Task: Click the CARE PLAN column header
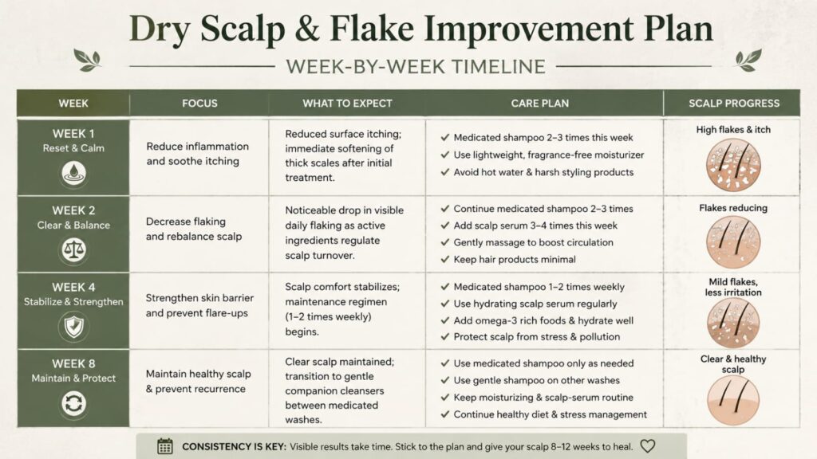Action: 540,103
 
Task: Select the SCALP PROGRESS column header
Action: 734,103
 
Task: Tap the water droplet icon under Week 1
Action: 73,173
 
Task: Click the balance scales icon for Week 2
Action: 73,249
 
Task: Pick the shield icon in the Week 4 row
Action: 73,327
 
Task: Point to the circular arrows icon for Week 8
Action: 73,403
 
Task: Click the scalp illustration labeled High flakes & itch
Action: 733,165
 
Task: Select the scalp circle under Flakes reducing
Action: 733,242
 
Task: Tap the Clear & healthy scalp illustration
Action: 733,400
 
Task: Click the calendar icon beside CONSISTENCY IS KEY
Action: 164,446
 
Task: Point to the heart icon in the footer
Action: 648,446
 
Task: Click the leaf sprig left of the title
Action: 87,61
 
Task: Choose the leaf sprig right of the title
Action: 748,61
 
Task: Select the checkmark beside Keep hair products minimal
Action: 445,259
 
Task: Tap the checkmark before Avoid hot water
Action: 445,172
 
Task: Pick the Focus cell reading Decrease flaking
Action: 194,229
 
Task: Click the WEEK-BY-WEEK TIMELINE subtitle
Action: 415,67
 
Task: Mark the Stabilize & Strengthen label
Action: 73,302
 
